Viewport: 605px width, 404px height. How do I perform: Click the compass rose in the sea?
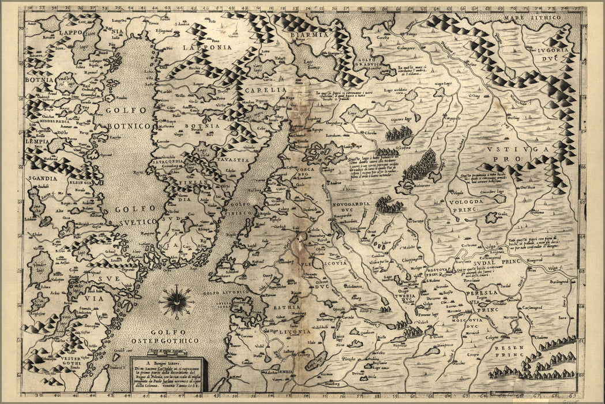(x=176, y=301)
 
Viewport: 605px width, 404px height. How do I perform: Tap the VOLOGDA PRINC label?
(x=472, y=205)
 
